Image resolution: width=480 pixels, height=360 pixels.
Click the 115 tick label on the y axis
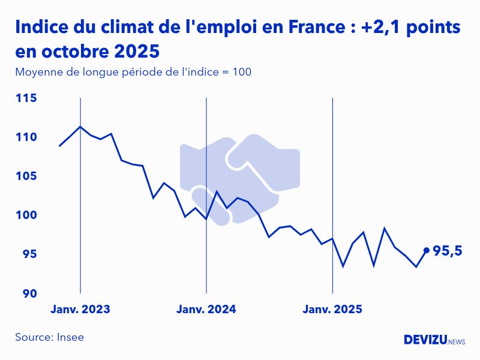[x=26, y=98]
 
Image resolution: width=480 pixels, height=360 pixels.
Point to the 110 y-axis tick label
[x=26, y=137]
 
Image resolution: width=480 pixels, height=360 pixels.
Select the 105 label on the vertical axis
[x=26, y=176]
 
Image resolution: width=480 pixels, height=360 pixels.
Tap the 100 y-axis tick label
[x=26, y=215]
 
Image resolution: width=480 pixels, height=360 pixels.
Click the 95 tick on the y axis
[x=29, y=254]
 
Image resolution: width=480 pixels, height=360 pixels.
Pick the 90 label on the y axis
[x=29, y=293]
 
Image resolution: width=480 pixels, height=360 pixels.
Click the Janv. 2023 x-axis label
[x=80, y=310]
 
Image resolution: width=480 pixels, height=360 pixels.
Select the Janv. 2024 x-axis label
[x=206, y=310]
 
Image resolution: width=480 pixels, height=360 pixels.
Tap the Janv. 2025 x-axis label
[x=332, y=310]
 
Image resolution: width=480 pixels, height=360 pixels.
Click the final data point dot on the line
[x=427, y=250]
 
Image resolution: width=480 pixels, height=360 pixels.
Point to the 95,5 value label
[x=448, y=251]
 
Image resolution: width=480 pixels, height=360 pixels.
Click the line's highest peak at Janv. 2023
[x=80, y=127]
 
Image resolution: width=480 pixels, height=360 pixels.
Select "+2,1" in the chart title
[x=383, y=28]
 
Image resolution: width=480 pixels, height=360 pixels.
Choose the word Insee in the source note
[x=70, y=337]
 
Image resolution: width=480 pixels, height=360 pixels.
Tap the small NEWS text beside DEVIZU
[x=457, y=342]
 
